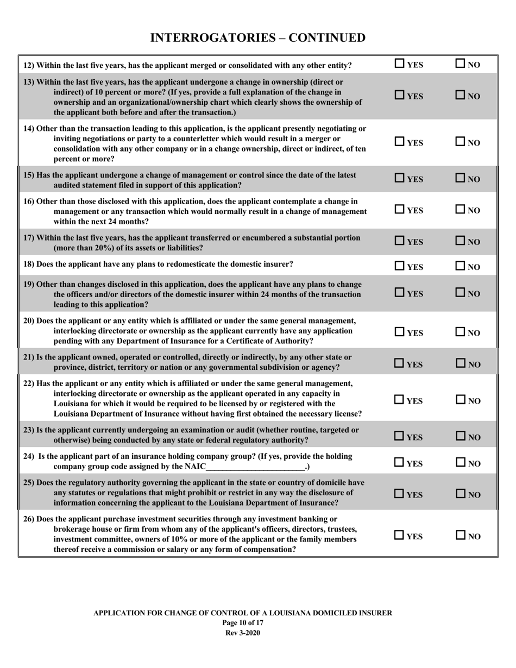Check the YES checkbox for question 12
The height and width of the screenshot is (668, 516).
399,64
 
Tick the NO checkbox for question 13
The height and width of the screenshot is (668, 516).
460,96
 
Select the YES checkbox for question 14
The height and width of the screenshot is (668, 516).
399,142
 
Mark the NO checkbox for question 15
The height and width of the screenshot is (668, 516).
460,178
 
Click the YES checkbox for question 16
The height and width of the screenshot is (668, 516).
399,210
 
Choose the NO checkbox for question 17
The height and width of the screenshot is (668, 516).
460,241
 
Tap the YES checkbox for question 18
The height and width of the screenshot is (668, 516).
399,266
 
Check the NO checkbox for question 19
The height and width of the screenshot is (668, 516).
460,293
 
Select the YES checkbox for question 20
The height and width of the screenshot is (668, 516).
399,332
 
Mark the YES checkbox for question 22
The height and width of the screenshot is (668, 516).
399,400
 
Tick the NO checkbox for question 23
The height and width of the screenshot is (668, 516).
460,436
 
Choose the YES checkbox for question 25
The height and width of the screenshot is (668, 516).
399,494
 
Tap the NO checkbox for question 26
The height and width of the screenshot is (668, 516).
460,535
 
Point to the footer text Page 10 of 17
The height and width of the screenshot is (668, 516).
243,622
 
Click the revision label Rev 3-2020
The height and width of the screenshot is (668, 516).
243,632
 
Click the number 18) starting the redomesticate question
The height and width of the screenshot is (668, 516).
30,264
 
